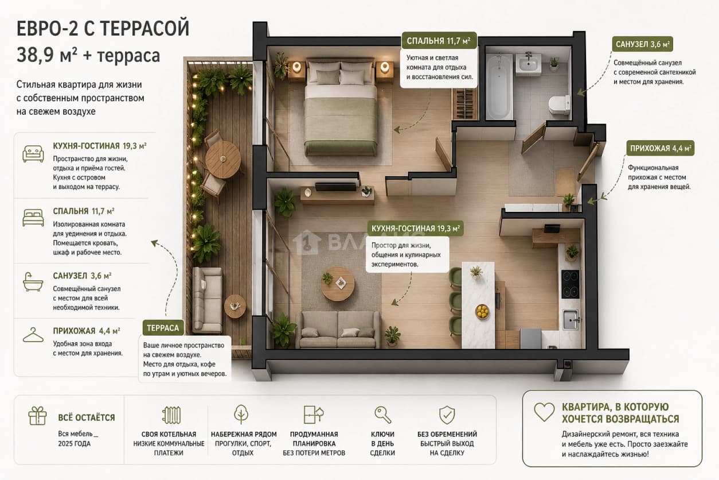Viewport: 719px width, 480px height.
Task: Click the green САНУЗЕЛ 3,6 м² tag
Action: pyautogui.click(x=642, y=44)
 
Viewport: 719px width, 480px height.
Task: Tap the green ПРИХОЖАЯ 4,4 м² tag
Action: pyautogui.click(x=661, y=148)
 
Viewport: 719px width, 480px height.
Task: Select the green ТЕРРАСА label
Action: pyautogui.click(x=163, y=328)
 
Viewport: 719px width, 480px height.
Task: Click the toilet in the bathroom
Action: pyautogui.click(x=559, y=104)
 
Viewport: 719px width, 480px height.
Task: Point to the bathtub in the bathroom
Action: pyautogui.click(x=498, y=86)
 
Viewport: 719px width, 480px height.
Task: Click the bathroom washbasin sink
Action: pyautogui.click(x=528, y=63)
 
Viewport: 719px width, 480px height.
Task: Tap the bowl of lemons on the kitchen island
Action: pyautogui.click(x=482, y=311)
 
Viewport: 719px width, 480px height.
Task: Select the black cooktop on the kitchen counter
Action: pyautogui.click(x=570, y=284)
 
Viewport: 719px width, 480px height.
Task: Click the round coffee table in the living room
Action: pyautogui.click(x=338, y=284)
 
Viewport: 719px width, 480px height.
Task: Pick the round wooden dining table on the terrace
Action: pyautogui.click(x=223, y=160)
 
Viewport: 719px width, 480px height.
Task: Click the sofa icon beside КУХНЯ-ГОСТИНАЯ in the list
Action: pyautogui.click(x=33, y=154)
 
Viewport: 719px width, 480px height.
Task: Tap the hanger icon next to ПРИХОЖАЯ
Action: pyautogui.click(x=33, y=335)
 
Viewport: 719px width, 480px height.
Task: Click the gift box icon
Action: pyautogui.click(x=37, y=416)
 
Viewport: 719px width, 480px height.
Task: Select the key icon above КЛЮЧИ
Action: pyautogui.click(x=382, y=415)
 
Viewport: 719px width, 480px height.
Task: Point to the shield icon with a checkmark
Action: pyautogui.click(x=447, y=415)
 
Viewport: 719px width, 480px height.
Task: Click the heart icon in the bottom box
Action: pyautogui.click(x=544, y=412)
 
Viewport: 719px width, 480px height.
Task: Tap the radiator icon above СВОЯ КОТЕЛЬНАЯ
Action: pyautogui.click(x=171, y=415)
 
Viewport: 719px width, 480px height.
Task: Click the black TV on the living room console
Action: pyautogui.click(x=335, y=187)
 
